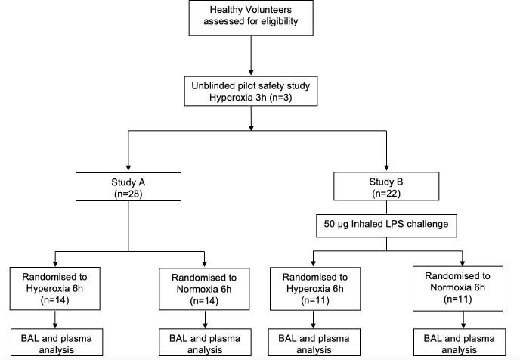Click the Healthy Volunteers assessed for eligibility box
(x=251, y=17)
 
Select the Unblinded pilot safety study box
(x=251, y=92)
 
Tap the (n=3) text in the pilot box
(x=280, y=98)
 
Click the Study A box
(x=128, y=187)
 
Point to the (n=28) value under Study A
(x=128, y=194)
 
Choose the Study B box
(x=386, y=186)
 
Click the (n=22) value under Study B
(x=386, y=193)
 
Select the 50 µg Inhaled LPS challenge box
(x=386, y=225)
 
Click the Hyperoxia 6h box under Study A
(x=54, y=288)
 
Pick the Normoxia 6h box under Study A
(x=204, y=289)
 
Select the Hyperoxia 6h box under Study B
(x=315, y=289)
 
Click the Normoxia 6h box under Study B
(x=458, y=288)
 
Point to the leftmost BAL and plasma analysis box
(x=57, y=342)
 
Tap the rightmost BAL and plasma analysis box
(x=460, y=342)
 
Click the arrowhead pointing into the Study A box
(x=128, y=168)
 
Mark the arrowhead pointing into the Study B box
(x=386, y=168)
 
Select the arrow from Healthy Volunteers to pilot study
(x=251, y=55)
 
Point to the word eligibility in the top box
(x=280, y=22)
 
